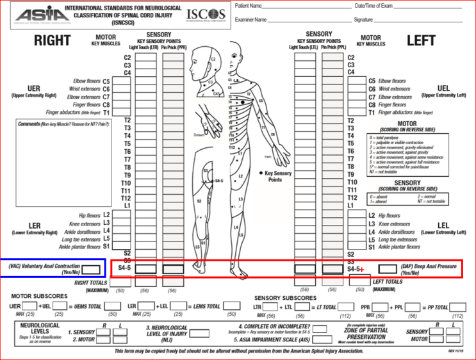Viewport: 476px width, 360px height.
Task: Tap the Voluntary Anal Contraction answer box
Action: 91,269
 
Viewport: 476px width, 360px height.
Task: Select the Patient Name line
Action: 301,6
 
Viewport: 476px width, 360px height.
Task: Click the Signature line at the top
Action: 416,20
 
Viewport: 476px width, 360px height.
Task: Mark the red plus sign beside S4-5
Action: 363,270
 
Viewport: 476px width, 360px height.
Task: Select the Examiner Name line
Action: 308,20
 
